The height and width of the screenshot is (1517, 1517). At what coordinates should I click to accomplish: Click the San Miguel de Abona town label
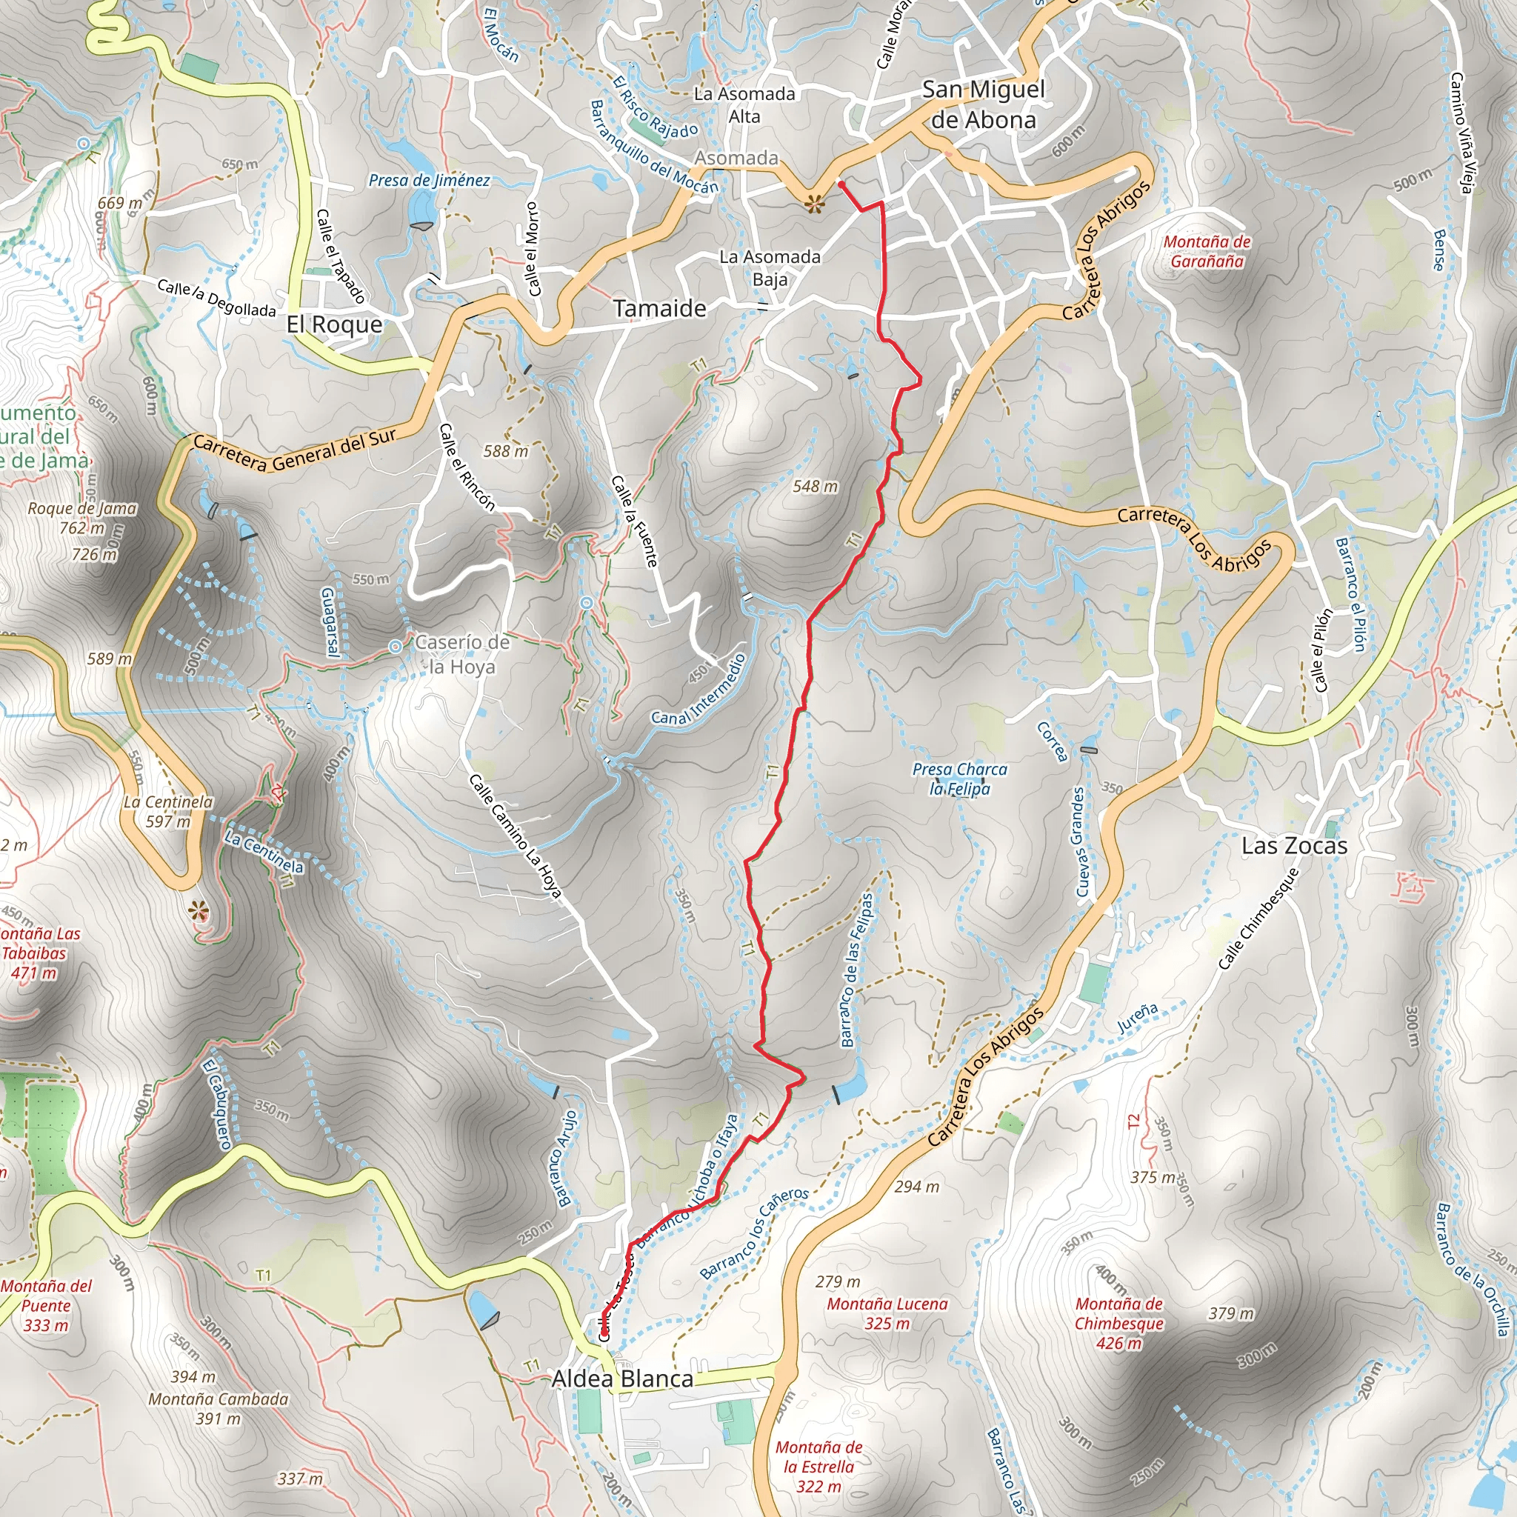point(983,104)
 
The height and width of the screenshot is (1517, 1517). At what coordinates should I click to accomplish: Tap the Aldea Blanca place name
point(622,1378)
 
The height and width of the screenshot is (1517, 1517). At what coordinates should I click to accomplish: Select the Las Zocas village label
point(1294,846)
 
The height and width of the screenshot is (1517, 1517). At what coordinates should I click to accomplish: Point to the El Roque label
point(335,324)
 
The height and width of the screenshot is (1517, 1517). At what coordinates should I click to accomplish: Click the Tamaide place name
point(659,309)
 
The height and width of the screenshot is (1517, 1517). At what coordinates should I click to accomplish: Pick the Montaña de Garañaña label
point(1207,251)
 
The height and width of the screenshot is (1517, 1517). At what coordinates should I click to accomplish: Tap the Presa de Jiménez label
point(430,181)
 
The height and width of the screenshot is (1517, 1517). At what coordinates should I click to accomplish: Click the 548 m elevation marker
point(815,487)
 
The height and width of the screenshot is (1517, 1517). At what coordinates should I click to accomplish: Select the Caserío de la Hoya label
point(461,654)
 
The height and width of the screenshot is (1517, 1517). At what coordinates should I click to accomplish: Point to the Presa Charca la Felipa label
point(959,779)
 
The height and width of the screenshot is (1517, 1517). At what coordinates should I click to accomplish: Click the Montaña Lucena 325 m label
point(887,1313)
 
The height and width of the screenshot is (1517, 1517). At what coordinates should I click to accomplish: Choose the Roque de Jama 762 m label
point(82,519)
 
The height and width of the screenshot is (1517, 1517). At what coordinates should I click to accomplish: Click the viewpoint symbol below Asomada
point(815,206)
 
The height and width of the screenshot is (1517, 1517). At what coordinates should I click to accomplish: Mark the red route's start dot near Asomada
point(841,184)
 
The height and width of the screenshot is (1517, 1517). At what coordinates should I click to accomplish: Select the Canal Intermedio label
point(698,690)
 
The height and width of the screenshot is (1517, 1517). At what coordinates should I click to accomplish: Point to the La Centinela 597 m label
point(168,811)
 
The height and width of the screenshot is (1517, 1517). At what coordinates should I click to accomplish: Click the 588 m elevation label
point(506,452)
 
